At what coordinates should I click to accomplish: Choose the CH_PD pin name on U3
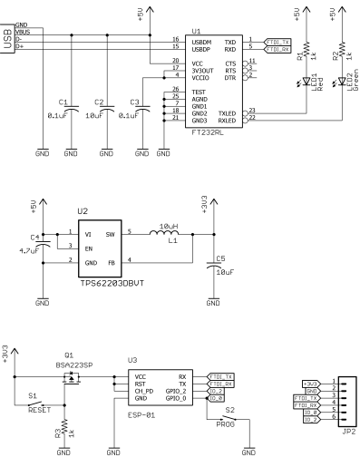144,391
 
